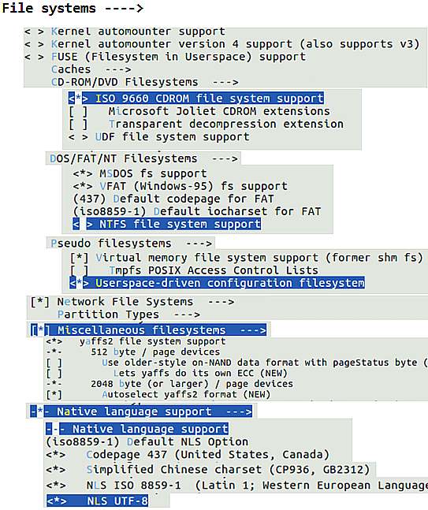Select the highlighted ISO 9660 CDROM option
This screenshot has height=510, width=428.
196,99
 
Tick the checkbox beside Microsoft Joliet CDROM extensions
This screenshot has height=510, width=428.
78,111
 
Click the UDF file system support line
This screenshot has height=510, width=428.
159,137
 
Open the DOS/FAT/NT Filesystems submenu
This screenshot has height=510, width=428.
143,158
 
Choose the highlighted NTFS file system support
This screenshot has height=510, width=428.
167,224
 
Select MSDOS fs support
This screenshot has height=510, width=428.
140,173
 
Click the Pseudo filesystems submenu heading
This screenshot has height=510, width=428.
131,244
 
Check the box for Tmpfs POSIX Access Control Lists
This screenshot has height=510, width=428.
80,270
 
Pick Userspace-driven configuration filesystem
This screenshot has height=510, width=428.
217,283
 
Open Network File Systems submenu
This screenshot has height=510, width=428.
132,302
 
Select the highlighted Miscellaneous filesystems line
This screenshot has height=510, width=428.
149,330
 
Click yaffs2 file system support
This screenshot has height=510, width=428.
136,341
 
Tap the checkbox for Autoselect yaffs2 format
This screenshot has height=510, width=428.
54,395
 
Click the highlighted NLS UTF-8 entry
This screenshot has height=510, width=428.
98,501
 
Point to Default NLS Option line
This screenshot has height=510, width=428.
147,441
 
